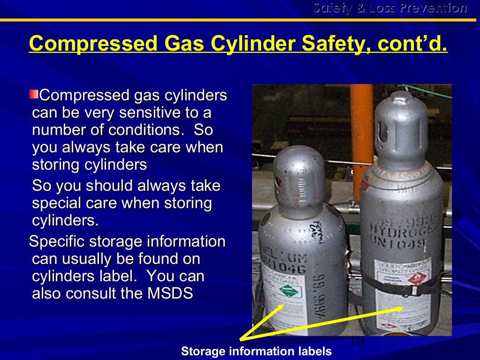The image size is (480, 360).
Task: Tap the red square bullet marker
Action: [x=34, y=95]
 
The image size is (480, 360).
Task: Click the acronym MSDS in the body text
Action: [x=170, y=293]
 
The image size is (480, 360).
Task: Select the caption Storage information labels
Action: [x=256, y=351]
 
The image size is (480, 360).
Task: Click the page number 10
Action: [x=357, y=342]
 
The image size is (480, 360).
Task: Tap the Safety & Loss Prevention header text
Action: [x=390, y=8]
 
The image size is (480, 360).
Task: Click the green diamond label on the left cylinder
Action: [x=289, y=292]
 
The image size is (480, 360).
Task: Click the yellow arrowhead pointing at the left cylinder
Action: [x=281, y=307]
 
